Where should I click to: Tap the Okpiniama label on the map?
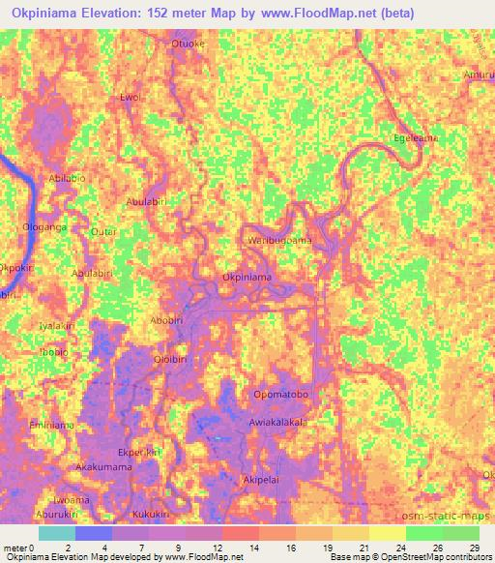(247, 277)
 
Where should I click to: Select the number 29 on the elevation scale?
(474, 548)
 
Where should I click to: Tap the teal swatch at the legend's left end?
(57, 532)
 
